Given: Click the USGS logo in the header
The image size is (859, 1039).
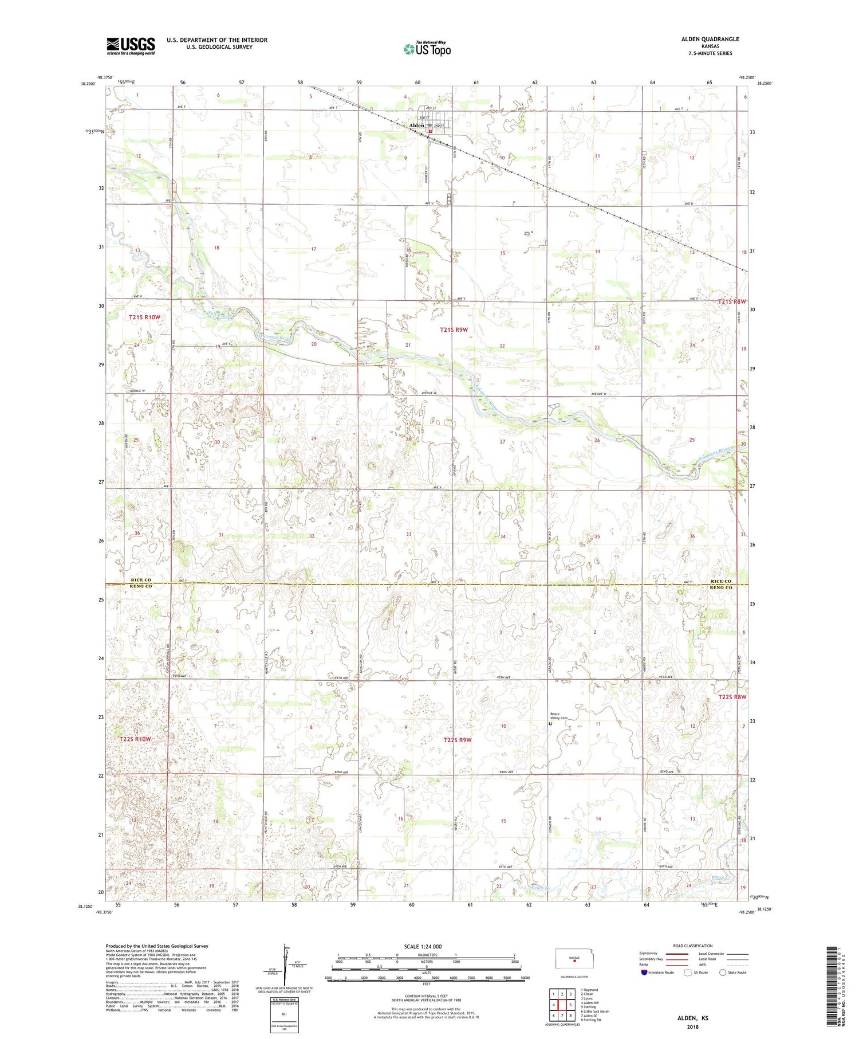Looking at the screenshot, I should click(131, 46).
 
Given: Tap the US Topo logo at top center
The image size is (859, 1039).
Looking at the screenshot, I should click(427, 49).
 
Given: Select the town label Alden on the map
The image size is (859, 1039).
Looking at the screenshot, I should click(416, 126).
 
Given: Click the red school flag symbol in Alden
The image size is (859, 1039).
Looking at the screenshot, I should click(431, 131).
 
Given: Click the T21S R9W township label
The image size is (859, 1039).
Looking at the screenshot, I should click(454, 330).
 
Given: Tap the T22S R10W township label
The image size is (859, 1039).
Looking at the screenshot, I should click(135, 739).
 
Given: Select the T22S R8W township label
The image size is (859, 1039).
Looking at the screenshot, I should click(732, 697).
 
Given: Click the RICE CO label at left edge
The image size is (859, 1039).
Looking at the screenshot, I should click(140, 580).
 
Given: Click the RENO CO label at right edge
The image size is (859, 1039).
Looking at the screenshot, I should click(721, 587).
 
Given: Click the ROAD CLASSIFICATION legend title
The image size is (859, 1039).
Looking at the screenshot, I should click(693, 946).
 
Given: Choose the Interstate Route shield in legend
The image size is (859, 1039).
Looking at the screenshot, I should click(644, 973).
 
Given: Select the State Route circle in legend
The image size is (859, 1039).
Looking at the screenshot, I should click(723, 973).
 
